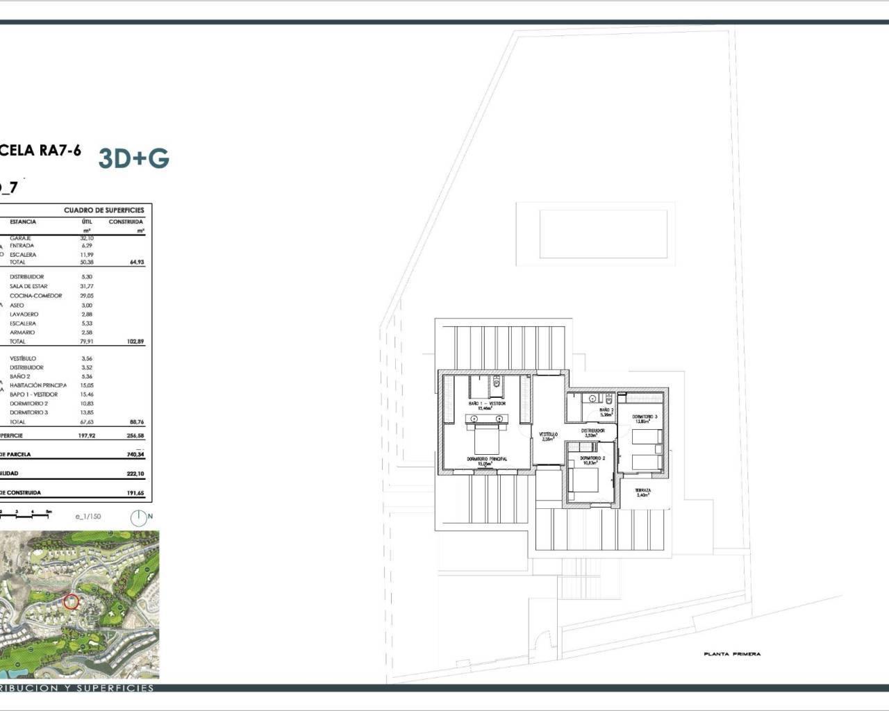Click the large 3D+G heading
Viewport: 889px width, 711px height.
(x=134, y=158)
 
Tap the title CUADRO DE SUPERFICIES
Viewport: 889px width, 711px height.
(x=104, y=210)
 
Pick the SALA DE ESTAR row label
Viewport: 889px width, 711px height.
(x=28, y=286)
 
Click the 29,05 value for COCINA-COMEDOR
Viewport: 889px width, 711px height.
(x=86, y=296)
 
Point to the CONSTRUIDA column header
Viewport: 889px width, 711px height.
(x=126, y=221)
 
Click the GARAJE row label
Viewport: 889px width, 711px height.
(x=20, y=238)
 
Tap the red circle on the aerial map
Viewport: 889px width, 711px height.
(x=71, y=601)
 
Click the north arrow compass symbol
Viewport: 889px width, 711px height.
(x=139, y=517)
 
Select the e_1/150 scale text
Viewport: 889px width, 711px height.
(x=88, y=517)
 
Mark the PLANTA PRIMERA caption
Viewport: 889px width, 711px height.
(x=732, y=654)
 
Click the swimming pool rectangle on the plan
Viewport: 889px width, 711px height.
(x=604, y=234)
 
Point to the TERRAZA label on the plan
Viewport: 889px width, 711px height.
(x=643, y=492)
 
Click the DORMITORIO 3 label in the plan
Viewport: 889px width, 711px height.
(x=645, y=418)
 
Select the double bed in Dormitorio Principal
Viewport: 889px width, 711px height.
(x=486, y=437)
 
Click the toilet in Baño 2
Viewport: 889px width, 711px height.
(x=608, y=399)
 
